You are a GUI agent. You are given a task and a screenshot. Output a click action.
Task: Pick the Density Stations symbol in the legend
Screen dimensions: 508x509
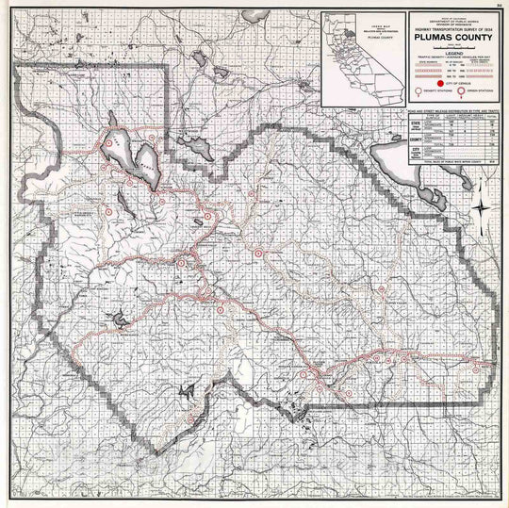click(418, 94)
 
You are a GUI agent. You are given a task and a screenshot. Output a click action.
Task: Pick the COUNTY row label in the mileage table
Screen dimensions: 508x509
click(414, 138)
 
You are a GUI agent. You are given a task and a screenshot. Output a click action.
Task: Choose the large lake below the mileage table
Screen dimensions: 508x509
click(388, 161)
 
